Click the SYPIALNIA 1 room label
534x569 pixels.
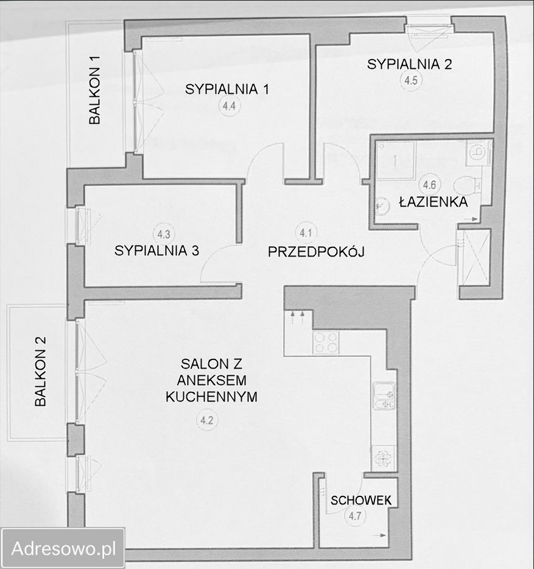tap(227, 90)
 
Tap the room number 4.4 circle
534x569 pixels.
tap(230, 106)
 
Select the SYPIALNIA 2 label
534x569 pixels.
tap(409, 64)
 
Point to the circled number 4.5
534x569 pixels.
tap(411, 80)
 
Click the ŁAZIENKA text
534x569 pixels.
tap(434, 202)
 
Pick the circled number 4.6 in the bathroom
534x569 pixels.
tap(429, 185)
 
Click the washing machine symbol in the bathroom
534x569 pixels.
tap(479, 153)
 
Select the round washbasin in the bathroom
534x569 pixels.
tap(381, 205)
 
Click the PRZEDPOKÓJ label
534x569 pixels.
tap(316, 252)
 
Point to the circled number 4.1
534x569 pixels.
tap(306, 233)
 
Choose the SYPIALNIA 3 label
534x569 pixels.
tap(156, 251)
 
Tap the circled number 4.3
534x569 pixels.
tap(164, 234)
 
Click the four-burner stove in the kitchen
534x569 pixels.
tap(326, 342)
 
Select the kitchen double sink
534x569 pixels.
tap(384, 396)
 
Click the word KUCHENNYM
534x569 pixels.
tap(211, 397)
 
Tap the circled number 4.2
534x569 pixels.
tap(207, 420)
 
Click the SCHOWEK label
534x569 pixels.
tap(361, 500)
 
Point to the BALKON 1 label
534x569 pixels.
tap(95, 90)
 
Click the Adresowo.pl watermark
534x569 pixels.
tap(63, 548)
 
